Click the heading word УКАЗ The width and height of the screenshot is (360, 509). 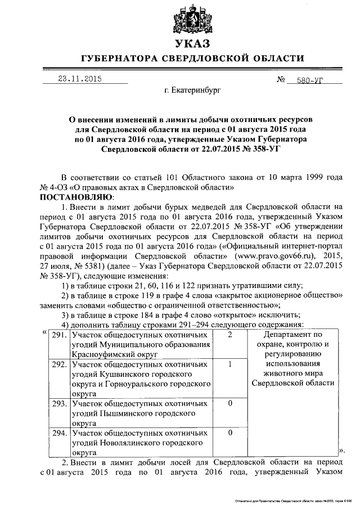coord(192,44)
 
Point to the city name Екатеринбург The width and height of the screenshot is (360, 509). coord(192,89)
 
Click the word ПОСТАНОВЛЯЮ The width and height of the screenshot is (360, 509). coord(76,197)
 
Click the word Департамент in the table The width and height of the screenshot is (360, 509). coord(286,335)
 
